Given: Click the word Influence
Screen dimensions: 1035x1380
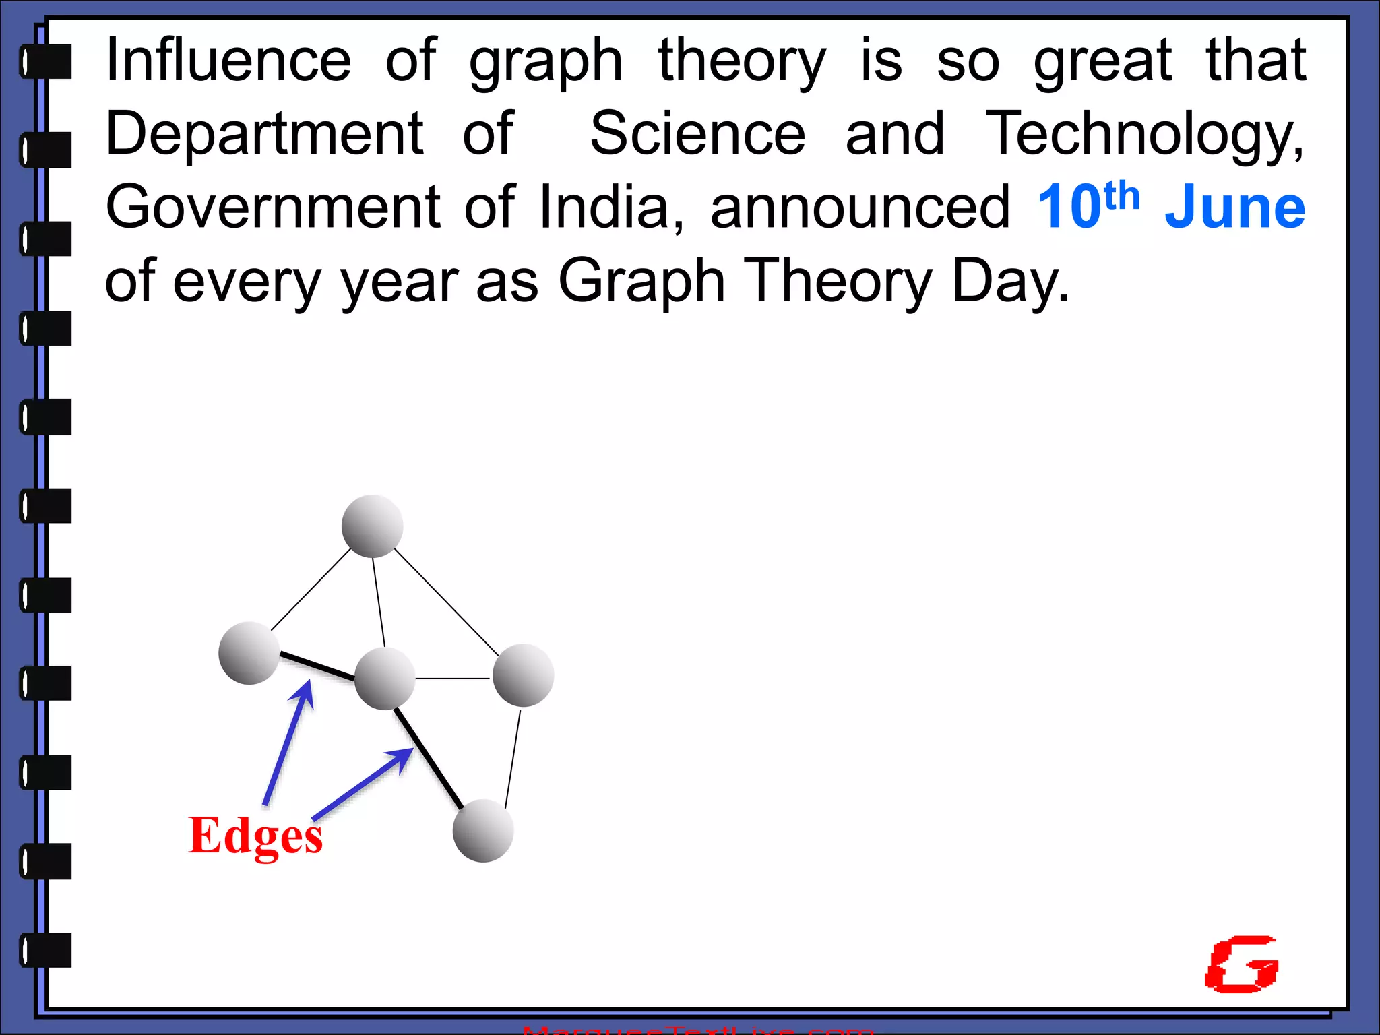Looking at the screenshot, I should (x=228, y=61).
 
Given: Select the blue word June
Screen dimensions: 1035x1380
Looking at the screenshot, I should (x=1234, y=208).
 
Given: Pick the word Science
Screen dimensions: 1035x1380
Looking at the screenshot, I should (x=697, y=133).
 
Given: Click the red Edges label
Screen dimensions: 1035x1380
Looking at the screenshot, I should (x=255, y=836).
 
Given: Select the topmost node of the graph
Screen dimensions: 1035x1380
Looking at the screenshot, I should (x=372, y=526).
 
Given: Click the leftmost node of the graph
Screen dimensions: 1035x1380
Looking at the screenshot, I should (x=249, y=653).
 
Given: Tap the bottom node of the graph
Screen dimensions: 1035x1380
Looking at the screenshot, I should (x=483, y=831).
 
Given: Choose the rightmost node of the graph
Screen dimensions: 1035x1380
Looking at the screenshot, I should (x=523, y=675).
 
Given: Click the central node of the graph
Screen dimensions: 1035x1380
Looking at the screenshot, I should (x=384, y=679).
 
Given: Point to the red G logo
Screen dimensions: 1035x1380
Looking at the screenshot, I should (x=1242, y=964).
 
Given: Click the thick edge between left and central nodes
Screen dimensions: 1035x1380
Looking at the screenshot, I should (x=317, y=666).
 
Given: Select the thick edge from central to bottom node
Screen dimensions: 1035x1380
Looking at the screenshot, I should (x=429, y=758).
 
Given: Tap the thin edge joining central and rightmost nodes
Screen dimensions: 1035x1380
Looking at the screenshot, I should (x=453, y=678).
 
